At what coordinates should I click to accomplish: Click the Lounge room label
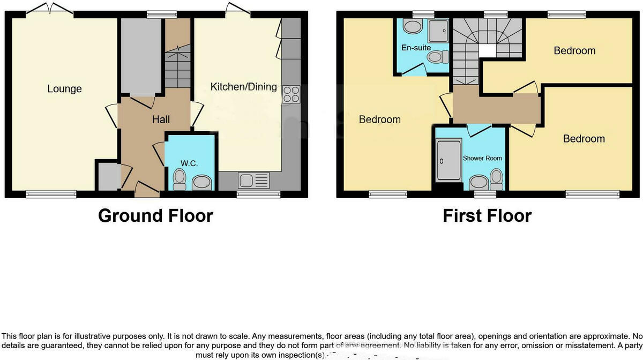click(64, 89)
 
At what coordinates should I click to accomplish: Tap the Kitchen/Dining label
click(243, 87)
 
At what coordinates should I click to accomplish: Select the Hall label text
click(161, 120)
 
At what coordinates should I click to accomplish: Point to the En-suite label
click(416, 48)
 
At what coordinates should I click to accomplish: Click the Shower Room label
click(482, 158)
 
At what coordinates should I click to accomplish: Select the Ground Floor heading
click(155, 215)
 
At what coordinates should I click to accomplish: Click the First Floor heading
click(487, 215)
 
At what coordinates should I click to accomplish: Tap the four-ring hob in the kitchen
click(290, 94)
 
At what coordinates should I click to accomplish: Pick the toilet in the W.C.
click(180, 178)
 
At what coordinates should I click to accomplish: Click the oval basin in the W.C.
click(202, 183)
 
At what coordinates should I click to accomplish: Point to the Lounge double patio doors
click(51, 9)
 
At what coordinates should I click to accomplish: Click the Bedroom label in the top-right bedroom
click(574, 51)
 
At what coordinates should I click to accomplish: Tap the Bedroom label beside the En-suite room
click(379, 119)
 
